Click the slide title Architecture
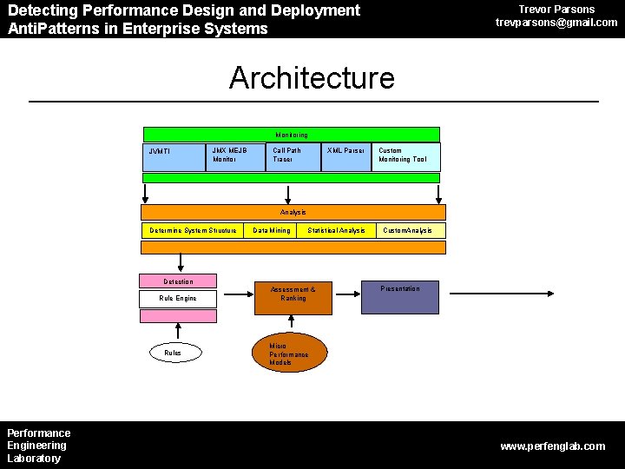(312, 78)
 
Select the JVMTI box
(174, 156)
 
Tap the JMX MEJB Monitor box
(235, 156)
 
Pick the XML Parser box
(345, 156)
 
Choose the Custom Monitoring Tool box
(405, 156)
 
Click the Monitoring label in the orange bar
(292, 135)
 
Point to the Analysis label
(293, 212)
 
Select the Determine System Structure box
(193, 230)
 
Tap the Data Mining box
(272, 230)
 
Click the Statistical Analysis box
(336, 230)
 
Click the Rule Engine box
(178, 298)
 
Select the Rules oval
(174, 353)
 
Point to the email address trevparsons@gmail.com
(556, 23)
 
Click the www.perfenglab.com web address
(553, 446)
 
